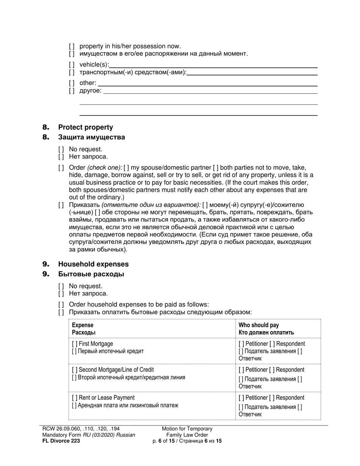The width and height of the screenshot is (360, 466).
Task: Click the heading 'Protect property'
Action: pos(85,127)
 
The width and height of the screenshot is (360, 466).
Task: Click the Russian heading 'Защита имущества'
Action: pos(91,137)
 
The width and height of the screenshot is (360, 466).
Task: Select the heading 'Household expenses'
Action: pos(93,264)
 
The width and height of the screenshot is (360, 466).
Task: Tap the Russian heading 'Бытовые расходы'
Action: pos(91,274)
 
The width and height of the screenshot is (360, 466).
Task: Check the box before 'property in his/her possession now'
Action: pos(72,47)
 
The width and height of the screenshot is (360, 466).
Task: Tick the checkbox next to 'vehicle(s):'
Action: pos(72,65)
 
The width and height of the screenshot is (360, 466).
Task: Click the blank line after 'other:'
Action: pos(207,83)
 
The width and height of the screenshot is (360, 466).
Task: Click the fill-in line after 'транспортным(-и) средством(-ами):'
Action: pos(252,72)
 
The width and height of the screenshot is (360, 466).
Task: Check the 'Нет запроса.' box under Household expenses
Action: pos(61,294)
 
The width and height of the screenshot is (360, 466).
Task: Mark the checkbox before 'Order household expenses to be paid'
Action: pos(61,305)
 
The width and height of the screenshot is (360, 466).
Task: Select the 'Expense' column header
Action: pos(83,325)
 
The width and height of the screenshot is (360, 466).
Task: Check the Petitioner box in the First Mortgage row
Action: pos(241,344)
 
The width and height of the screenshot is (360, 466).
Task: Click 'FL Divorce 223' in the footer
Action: pos(61,441)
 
